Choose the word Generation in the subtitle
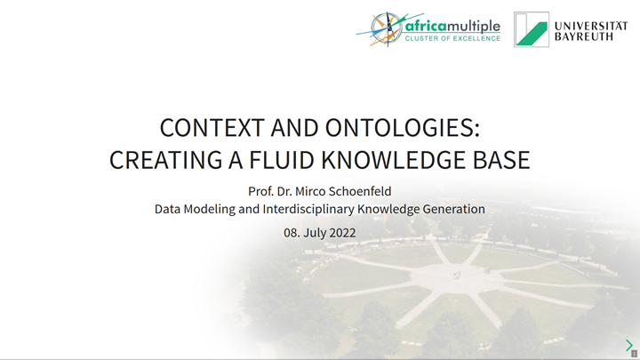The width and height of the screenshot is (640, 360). pos(452,210)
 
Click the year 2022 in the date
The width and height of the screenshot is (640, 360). pos(340,233)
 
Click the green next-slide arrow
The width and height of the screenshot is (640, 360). pos(629,345)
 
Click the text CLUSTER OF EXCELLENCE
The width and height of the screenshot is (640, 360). pos(452,38)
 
